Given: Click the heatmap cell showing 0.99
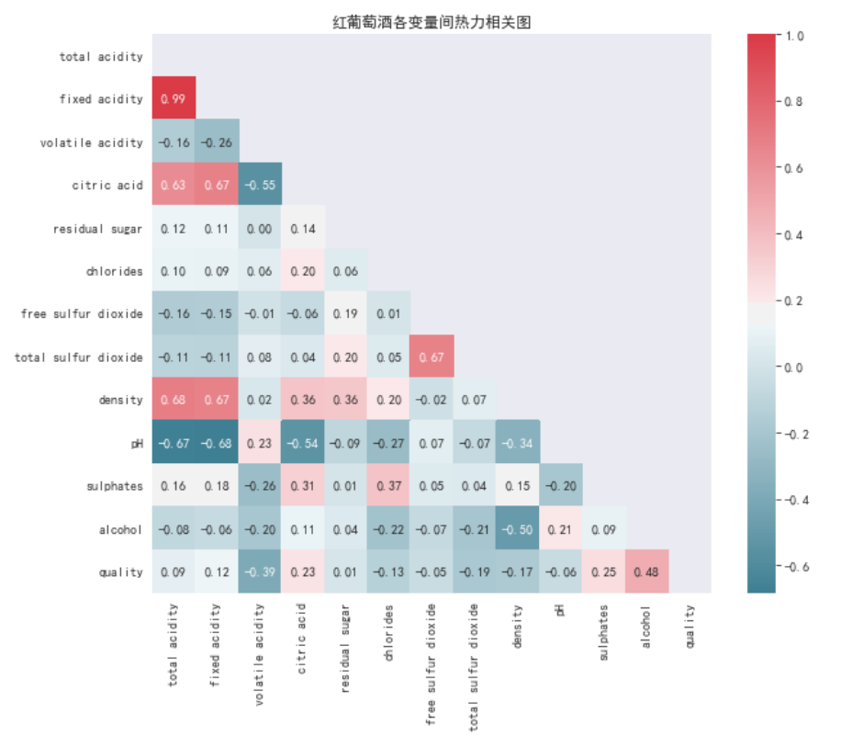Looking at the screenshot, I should click(x=172, y=99).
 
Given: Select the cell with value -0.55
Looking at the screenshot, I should click(x=260, y=185).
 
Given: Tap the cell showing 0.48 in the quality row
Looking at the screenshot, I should click(x=646, y=572).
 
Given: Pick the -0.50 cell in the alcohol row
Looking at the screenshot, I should click(x=518, y=528).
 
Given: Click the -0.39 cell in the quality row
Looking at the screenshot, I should click(x=260, y=572).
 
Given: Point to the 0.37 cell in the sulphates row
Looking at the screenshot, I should click(x=388, y=485).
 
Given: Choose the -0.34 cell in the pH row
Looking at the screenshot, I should click(x=518, y=443).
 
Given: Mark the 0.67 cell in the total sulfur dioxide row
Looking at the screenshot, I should click(x=432, y=357).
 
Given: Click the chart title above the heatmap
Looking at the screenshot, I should click(x=431, y=21).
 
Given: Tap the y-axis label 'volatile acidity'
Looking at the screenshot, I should click(x=92, y=142).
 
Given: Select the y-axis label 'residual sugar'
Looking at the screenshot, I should click(x=98, y=228).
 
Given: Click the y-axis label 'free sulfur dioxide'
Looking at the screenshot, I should click(x=82, y=314).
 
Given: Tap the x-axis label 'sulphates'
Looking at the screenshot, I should click(x=603, y=632).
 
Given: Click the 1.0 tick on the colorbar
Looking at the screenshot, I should click(x=795, y=36).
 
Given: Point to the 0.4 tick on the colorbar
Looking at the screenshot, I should click(x=795, y=234).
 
